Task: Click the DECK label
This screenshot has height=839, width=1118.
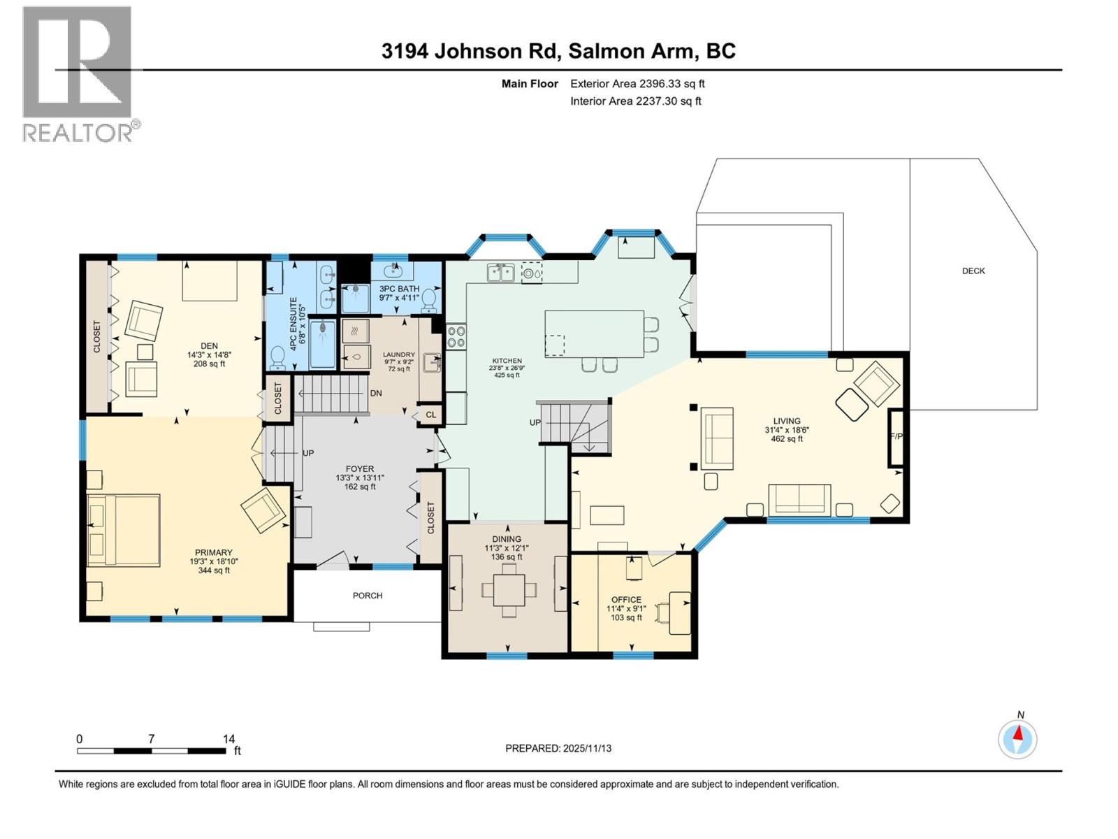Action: pos(973,271)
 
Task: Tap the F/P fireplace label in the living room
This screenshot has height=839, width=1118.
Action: pos(895,436)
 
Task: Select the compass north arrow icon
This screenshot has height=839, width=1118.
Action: pos(1017,738)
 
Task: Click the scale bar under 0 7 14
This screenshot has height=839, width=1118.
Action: pos(151,751)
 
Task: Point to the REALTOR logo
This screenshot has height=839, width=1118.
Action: pos(78,73)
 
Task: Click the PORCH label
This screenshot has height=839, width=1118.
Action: pos(368,596)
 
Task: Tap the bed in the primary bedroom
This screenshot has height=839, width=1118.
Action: pos(124,530)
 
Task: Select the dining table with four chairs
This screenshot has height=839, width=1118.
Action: pos(509,589)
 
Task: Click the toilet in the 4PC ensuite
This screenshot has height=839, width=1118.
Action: pos(278,357)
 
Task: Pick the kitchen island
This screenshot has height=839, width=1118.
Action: pos(594,334)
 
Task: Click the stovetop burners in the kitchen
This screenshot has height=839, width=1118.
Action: pos(456,337)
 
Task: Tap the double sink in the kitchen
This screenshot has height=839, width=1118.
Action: pos(501,272)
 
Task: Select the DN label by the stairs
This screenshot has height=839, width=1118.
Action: pos(376,393)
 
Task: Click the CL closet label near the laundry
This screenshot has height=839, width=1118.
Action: pos(431,415)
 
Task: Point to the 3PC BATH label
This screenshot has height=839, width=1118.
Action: pos(399,289)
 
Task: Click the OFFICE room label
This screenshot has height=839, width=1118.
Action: pos(626,600)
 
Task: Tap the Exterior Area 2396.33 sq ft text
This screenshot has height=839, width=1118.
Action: pos(637,84)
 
